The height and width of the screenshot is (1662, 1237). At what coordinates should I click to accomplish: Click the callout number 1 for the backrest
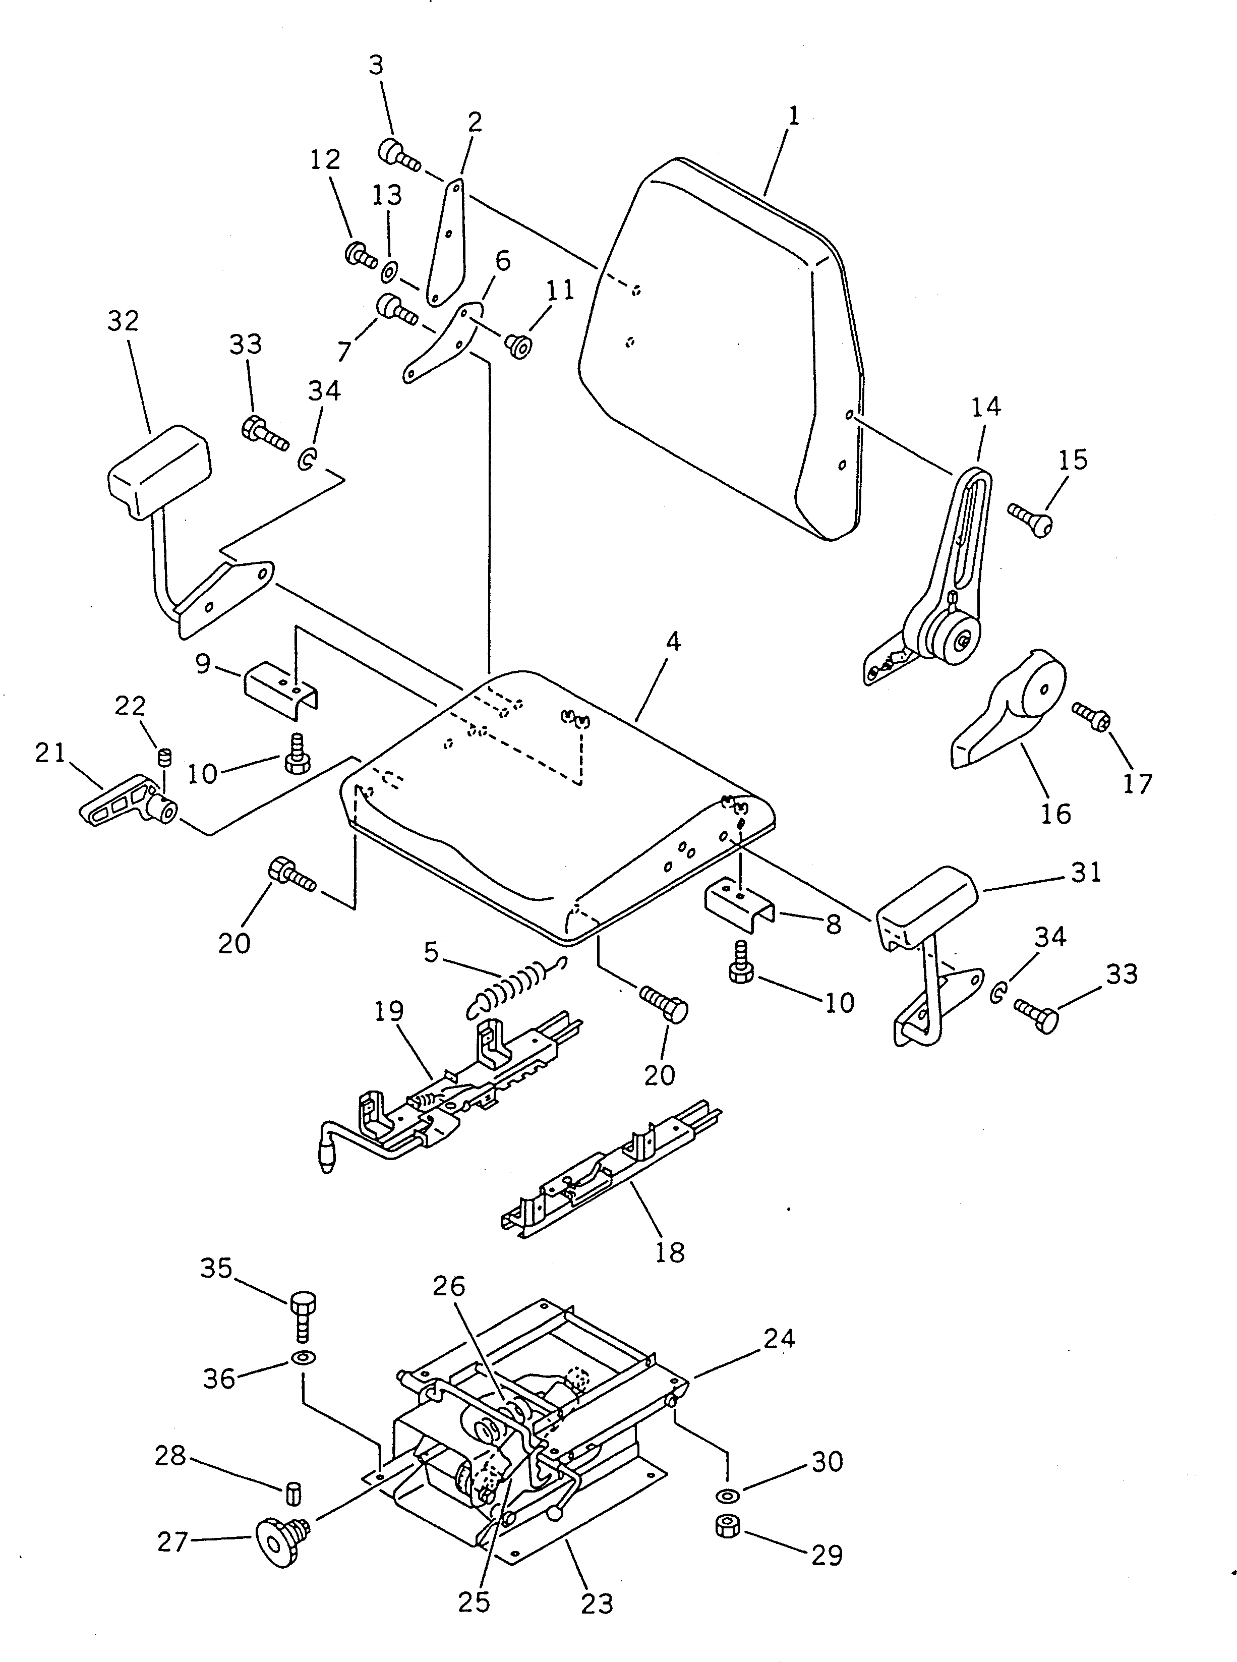point(794,116)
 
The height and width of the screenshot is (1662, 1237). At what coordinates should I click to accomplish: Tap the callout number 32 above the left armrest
point(124,321)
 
